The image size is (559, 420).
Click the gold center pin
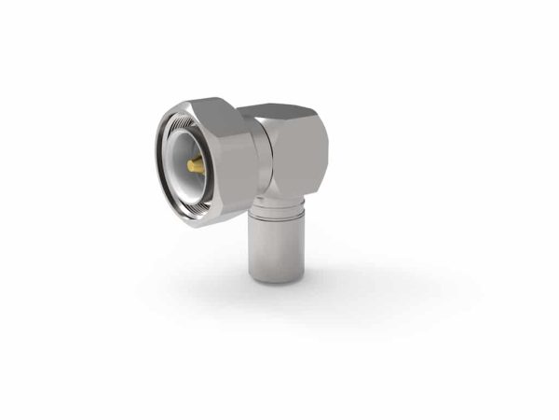195,165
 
